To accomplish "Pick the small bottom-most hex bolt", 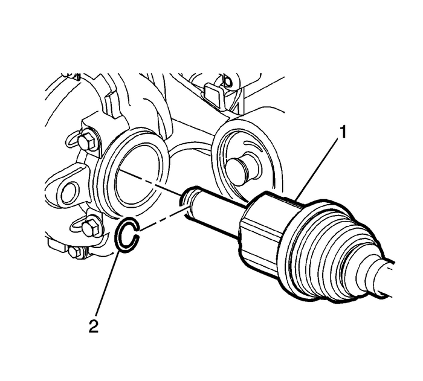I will (74, 251).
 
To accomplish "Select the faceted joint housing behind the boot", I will (266, 226).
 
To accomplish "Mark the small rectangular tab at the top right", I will (213, 92).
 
